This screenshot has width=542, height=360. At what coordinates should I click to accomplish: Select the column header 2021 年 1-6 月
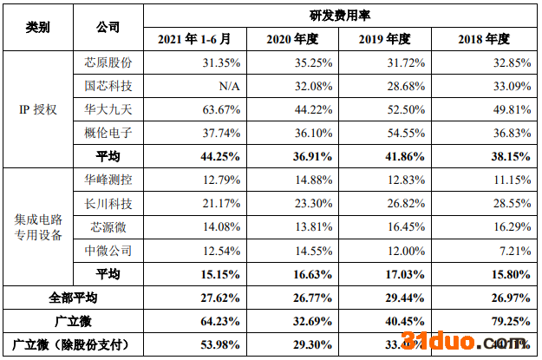(x=195, y=39)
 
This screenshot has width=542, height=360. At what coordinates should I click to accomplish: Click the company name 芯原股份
(x=108, y=62)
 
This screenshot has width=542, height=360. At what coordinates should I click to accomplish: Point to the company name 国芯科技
(x=108, y=86)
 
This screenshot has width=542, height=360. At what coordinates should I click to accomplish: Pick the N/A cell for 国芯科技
(x=227, y=86)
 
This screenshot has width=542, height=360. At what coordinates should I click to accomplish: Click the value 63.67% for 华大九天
(x=221, y=109)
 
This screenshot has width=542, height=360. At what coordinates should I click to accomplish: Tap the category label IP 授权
(x=37, y=109)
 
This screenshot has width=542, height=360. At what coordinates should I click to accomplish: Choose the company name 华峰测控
(x=108, y=180)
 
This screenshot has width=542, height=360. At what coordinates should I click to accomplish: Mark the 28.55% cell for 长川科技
(x=512, y=203)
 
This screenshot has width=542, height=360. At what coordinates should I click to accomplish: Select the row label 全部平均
(x=74, y=298)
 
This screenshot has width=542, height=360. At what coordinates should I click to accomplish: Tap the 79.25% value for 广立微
(x=512, y=321)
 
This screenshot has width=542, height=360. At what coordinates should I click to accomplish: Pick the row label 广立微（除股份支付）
(x=74, y=344)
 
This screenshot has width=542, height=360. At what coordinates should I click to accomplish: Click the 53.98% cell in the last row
(x=220, y=344)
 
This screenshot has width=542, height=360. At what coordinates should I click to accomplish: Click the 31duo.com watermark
(x=469, y=340)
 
